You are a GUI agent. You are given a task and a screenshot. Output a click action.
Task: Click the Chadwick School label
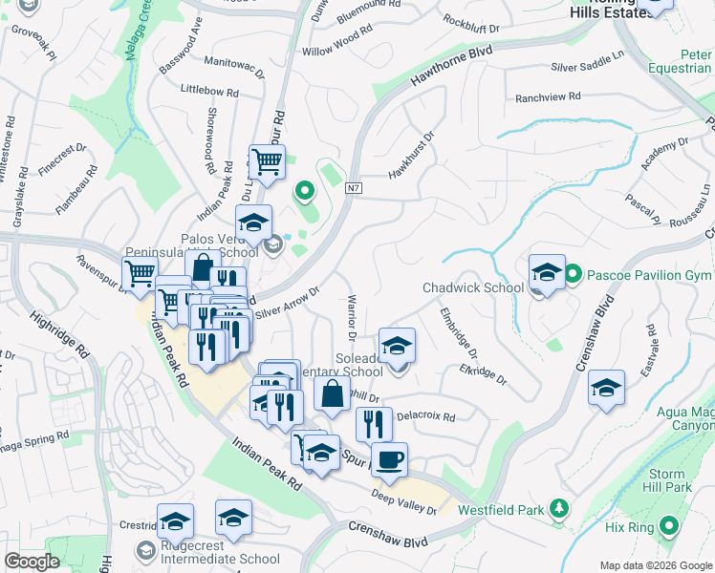click(473, 288)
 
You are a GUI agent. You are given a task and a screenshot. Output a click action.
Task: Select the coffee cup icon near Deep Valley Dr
click(389, 460)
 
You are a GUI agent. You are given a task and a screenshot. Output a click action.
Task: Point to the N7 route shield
click(354, 187)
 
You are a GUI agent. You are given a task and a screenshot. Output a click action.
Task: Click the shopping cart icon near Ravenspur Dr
click(141, 273)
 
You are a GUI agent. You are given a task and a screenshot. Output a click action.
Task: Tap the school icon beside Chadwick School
click(546, 272)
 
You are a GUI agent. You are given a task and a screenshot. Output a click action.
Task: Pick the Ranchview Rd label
click(548, 97)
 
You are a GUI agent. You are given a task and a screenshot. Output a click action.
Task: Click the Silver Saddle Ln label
click(594, 68)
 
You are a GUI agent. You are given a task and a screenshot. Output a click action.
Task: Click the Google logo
click(32, 562)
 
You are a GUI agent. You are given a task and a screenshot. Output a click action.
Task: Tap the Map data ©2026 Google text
click(656, 565)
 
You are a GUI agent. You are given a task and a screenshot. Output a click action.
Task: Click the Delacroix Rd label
click(425, 417)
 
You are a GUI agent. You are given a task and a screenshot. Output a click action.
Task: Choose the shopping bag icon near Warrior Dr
click(332, 393)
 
